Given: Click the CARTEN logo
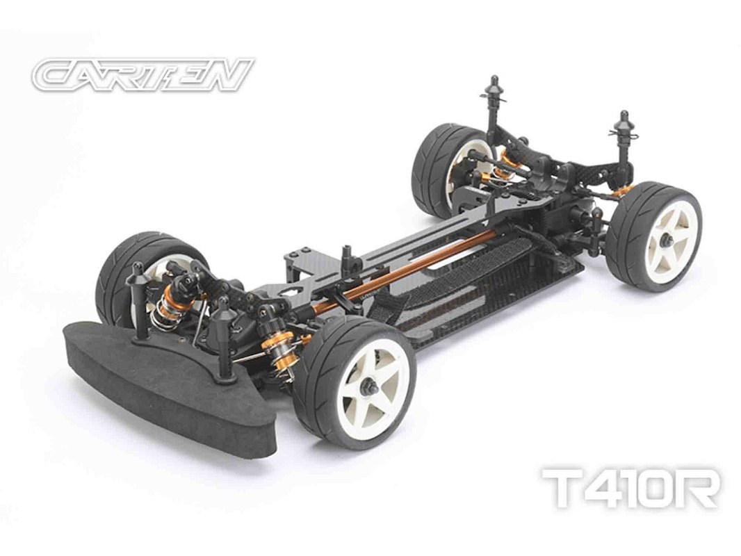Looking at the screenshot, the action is (x=143, y=74).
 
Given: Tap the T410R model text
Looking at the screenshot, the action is (x=631, y=488).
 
